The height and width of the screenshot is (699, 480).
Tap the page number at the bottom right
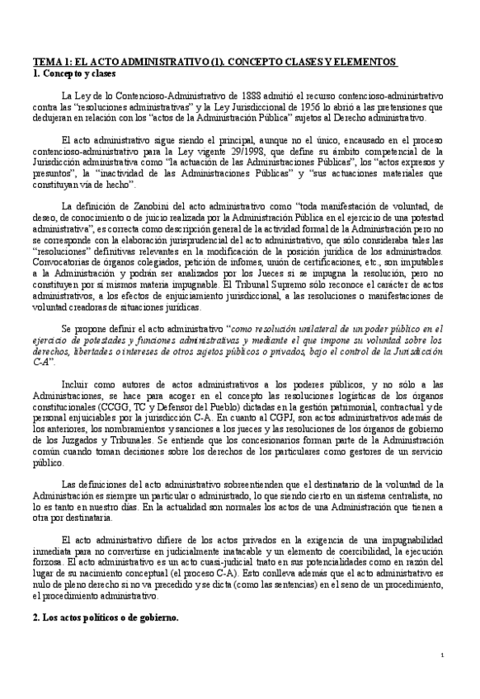[x=443, y=656]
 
